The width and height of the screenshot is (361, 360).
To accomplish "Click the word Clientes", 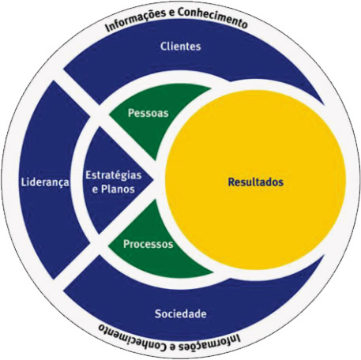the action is coord(180,47).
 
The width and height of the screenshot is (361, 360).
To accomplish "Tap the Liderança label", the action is coord(45,182).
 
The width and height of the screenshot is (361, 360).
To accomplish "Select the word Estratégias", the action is coord(114,176).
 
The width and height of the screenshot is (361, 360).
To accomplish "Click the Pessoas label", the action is coord(148,113).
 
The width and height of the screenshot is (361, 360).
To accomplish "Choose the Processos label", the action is coord(148,244).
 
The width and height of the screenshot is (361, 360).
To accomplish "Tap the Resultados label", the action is coord(255,182).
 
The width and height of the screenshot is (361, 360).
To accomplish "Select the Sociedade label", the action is coord(180,313).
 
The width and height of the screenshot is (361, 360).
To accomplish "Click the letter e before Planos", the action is coord(95,190).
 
